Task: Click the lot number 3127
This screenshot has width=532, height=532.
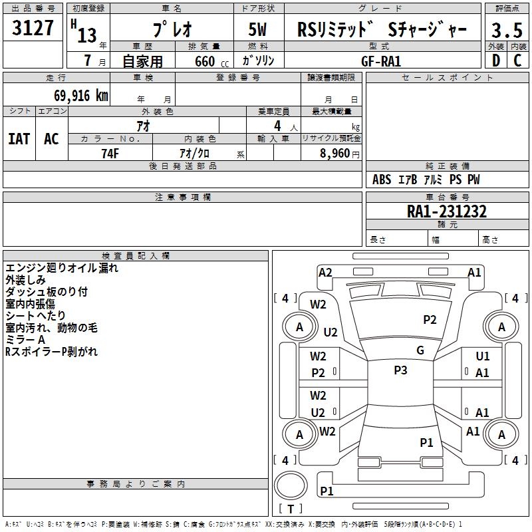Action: point(33,28)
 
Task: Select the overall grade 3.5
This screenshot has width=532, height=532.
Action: point(507,30)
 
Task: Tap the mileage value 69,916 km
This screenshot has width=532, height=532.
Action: point(81,96)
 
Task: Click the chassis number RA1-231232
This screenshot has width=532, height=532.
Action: point(447,211)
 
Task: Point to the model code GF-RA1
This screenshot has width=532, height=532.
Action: point(381,61)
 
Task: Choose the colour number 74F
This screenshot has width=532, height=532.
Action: point(110,154)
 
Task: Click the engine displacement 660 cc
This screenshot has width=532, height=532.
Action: point(211,61)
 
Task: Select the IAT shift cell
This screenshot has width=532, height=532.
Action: point(19,139)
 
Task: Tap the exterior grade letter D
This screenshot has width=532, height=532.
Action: point(496,61)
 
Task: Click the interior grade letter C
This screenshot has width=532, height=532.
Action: point(517,61)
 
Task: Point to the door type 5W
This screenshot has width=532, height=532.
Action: point(257,29)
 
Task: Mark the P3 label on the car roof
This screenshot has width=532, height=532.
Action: point(400,370)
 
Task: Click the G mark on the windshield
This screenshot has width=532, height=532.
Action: point(420,350)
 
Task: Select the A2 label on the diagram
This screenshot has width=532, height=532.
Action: point(325,273)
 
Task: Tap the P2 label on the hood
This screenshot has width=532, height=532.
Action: point(430,320)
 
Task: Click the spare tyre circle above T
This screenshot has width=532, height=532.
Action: point(291,485)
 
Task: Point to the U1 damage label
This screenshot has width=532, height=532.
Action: point(483,356)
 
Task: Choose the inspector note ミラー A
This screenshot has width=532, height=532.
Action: point(25,340)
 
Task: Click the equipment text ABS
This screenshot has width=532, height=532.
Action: point(382,180)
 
